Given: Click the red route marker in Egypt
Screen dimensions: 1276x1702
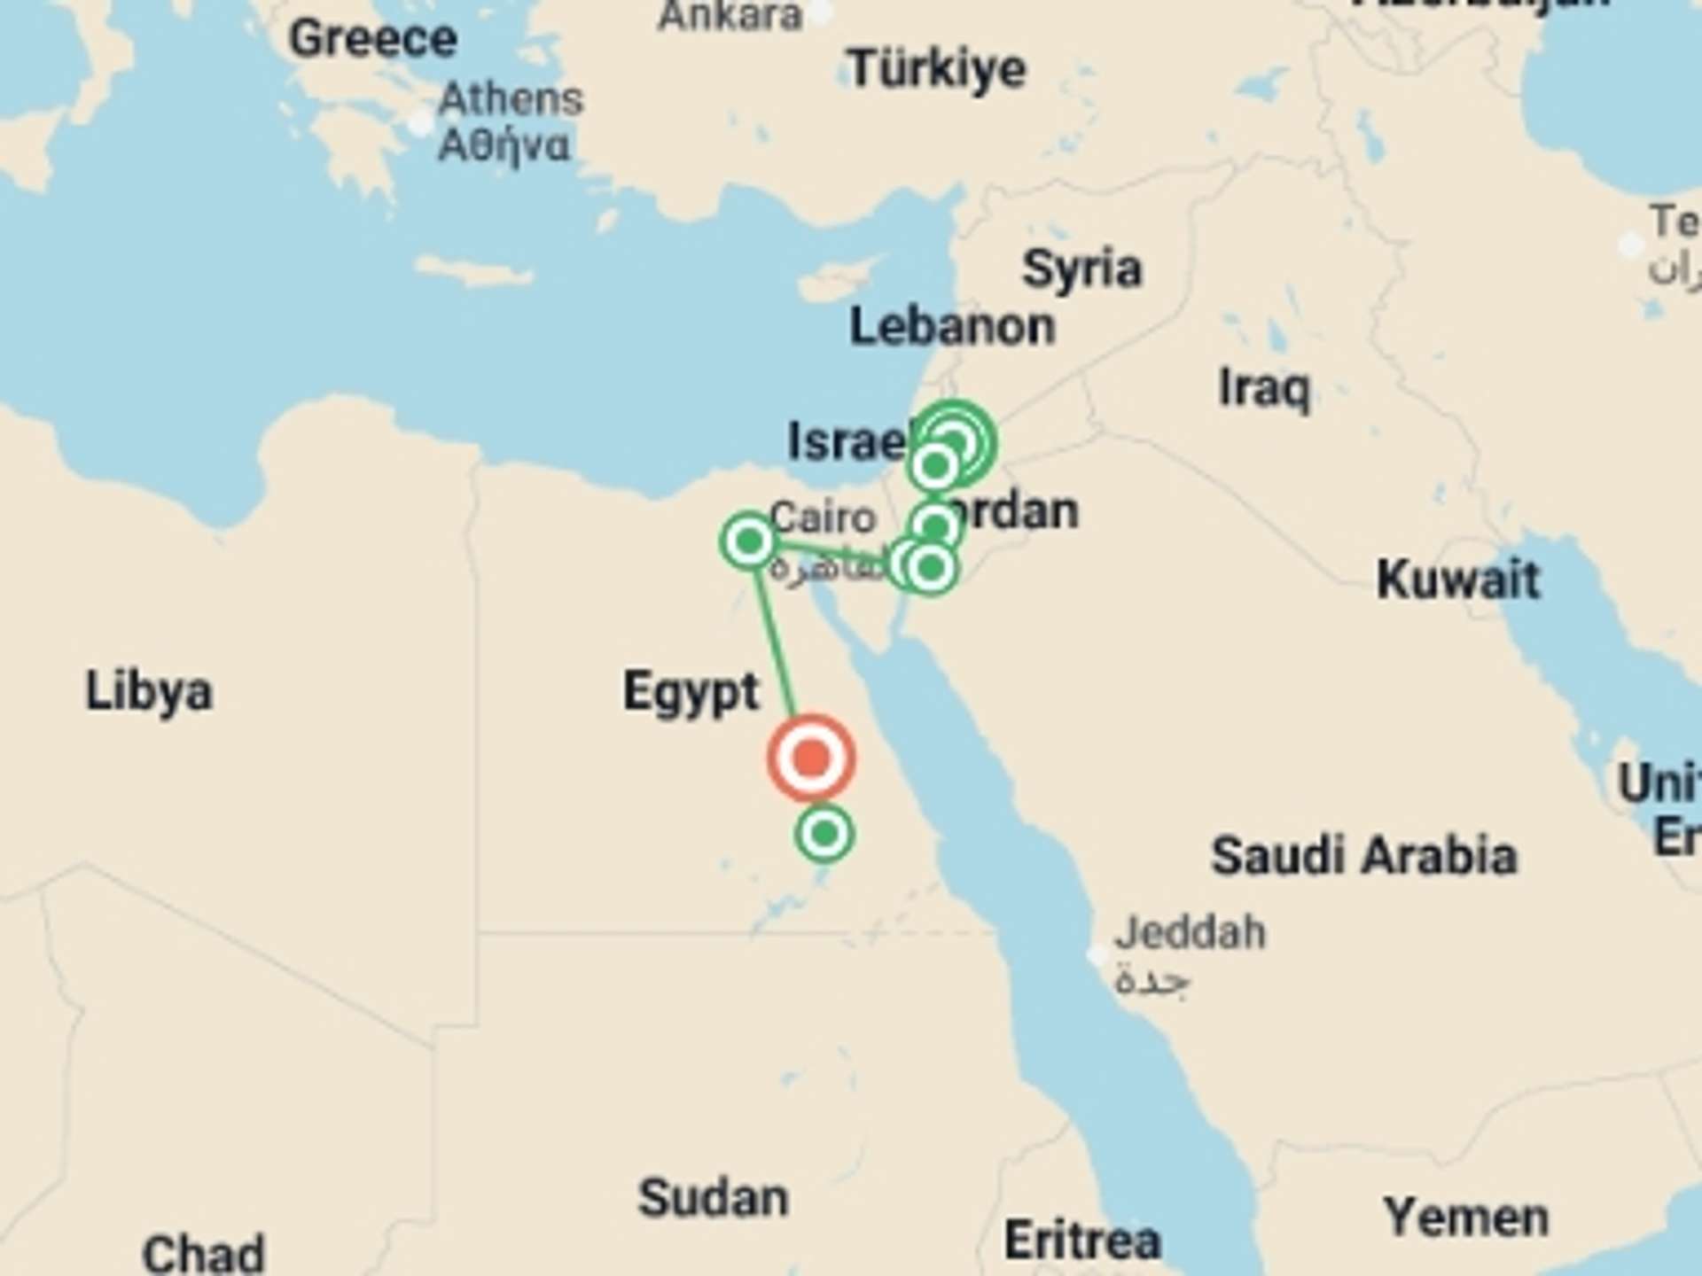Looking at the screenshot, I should (811, 759).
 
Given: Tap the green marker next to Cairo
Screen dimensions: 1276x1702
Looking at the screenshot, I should (749, 540).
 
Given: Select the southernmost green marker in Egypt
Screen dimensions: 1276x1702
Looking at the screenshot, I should (825, 833).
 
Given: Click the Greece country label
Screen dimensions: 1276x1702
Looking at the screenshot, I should (373, 39).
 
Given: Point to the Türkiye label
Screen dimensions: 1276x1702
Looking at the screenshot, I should (937, 68).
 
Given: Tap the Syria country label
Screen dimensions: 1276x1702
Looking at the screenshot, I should (1081, 268).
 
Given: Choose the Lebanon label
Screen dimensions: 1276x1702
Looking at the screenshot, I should (952, 327).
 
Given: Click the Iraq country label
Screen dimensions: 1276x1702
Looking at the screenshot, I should (1264, 388).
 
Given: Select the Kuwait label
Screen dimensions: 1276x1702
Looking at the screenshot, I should (1458, 580).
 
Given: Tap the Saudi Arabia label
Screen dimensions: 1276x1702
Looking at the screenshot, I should (1363, 856).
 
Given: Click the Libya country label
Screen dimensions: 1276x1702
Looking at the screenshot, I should (149, 692).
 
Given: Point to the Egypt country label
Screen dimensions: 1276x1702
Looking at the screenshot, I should (691, 692).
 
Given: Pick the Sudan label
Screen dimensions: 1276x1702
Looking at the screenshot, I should (714, 1198).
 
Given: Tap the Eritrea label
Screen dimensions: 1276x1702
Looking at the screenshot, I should (1081, 1240).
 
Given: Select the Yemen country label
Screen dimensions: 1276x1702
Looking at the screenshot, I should (1466, 1218).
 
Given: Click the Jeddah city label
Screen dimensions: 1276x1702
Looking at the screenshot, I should (1190, 933).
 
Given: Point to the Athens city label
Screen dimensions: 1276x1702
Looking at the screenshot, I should (511, 99).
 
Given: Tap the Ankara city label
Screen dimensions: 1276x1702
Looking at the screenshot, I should (730, 15).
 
